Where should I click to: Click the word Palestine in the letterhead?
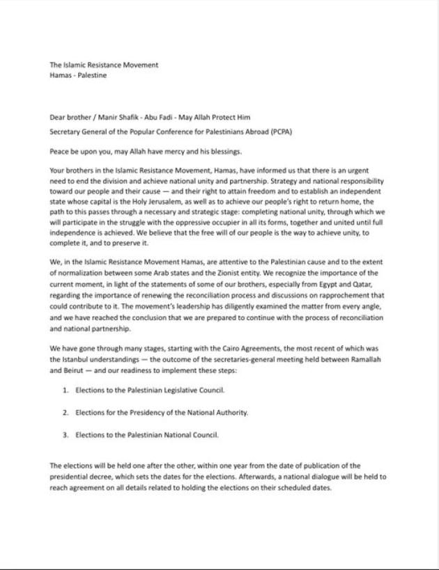click(x=93, y=75)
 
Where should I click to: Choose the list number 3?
click(x=65, y=434)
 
